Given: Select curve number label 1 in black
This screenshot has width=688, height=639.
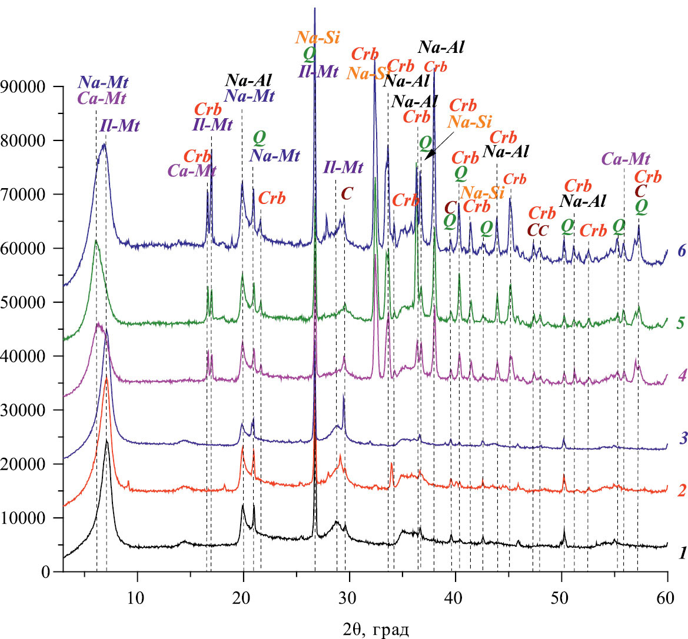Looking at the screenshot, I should point(682,553).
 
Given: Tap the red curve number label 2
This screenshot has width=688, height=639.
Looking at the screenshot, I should point(682,490).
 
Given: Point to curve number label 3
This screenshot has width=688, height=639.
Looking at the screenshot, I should point(682,437).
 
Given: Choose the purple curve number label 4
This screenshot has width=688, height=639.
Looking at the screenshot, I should point(682,374).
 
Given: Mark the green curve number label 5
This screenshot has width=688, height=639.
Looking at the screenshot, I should point(682,322).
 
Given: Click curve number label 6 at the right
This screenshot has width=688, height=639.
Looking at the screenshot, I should point(682,251).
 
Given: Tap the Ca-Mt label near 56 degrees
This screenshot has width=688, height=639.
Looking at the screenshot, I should point(626,159).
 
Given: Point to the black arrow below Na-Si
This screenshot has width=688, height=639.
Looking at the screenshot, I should point(436,146).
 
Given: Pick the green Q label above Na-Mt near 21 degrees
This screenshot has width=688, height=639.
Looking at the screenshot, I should point(259,138).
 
